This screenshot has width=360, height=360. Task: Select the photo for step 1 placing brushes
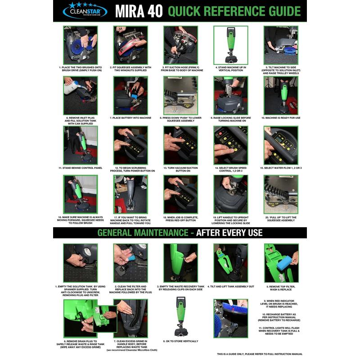click(80, 45)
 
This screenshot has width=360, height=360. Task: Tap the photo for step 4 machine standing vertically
click(230, 45)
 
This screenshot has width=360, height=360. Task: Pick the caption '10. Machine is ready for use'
click(281, 118)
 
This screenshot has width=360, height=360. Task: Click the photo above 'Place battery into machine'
click(130, 95)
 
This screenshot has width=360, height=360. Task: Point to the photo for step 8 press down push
click(180, 95)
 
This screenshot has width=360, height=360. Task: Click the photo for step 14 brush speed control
click(230, 145)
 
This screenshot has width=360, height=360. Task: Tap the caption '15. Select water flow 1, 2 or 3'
click(281, 168)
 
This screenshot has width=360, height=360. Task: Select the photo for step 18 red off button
click(180, 194)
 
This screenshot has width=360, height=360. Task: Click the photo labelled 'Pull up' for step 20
click(281, 194)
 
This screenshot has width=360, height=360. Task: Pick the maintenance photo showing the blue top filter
click(281, 263)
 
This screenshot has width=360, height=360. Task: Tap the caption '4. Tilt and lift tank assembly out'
click(230, 286)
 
